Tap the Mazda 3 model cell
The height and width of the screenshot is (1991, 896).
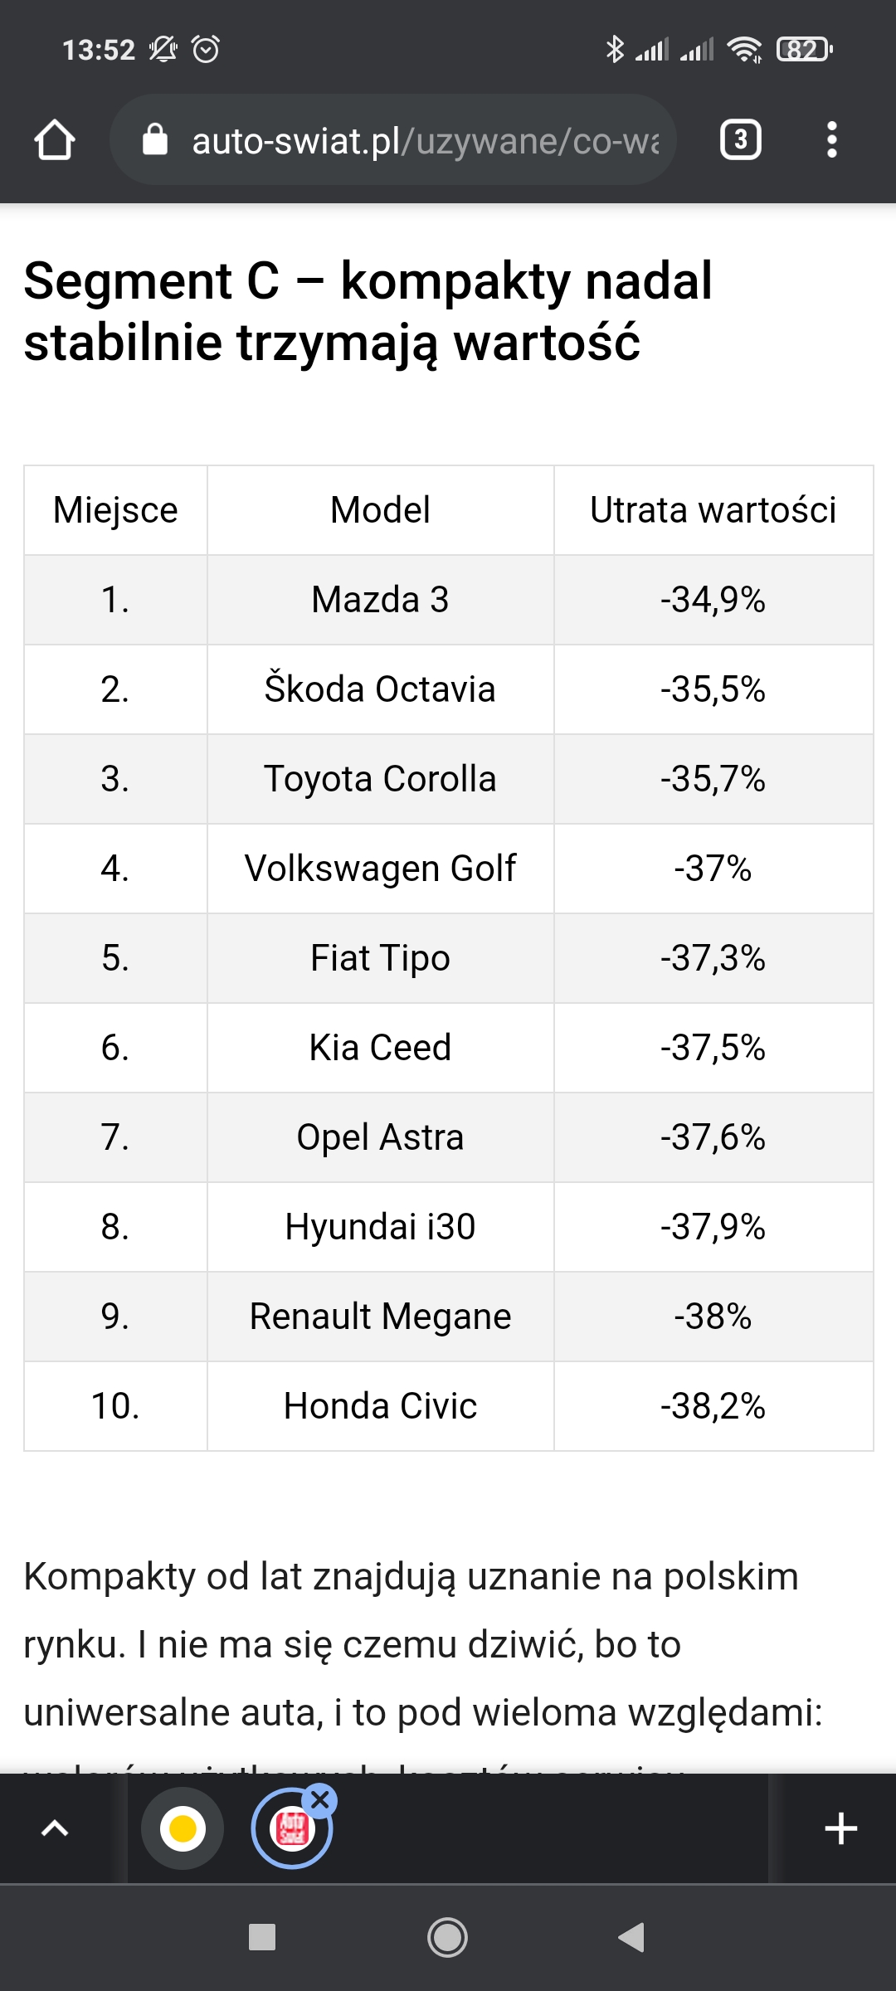[380, 600]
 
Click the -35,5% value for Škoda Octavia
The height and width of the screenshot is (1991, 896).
[713, 689]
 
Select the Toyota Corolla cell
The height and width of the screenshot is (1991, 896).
[380, 779]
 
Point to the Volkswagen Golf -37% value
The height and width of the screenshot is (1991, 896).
[713, 869]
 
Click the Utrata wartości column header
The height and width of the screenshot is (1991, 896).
[713, 510]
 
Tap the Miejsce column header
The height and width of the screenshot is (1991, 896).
[115, 510]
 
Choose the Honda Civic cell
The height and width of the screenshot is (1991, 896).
[380, 1406]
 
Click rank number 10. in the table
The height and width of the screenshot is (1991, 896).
[115, 1406]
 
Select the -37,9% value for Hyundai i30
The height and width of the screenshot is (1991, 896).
[713, 1227]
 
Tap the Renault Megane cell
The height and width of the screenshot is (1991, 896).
[380, 1317]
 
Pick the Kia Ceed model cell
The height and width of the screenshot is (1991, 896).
[380, 1048]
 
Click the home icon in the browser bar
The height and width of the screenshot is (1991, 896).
[55, 139]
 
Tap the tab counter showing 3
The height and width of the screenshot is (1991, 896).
[740, 139]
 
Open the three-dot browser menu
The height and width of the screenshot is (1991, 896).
[831, 139]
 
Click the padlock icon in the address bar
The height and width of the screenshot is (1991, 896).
[155, 140]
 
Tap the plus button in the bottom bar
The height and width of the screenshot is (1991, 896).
[840, 1828]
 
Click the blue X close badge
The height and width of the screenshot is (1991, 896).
[320, 1800]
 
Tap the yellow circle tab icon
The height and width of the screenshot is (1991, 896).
[183, 1828]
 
